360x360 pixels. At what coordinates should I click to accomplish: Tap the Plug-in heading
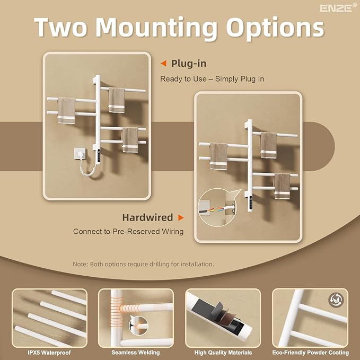[x=189, y=64]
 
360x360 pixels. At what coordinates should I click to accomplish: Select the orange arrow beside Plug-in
[x=164, y=64]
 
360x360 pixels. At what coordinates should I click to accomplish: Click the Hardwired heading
[x=147, y=217]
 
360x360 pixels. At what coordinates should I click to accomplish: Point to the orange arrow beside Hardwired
[x=181, y=217]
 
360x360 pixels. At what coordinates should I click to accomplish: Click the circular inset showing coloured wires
[x=214, y=207]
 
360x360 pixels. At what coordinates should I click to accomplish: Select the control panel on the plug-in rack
[x=99, y=155]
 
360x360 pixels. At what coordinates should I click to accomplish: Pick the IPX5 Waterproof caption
[x=49, y=353]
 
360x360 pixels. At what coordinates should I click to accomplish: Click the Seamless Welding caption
[x=136, y=353]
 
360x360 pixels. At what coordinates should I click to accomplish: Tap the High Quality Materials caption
[x=223, y=353]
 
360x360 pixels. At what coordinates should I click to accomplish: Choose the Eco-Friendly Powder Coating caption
[x=310, y=353]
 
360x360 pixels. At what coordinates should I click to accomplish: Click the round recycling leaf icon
[x=336, y=300]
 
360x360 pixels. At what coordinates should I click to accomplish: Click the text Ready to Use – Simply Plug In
[x=212, y=79]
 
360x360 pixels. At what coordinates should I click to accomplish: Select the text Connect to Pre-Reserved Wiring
[x=128, y=231]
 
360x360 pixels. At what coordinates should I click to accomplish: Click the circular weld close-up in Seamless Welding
[x=139, y=326]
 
